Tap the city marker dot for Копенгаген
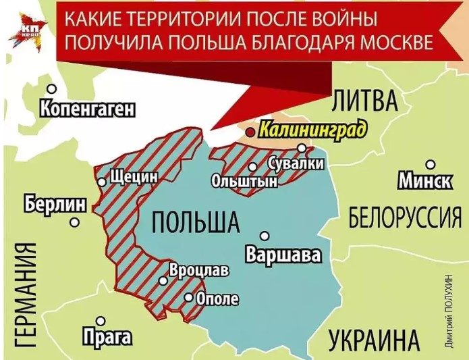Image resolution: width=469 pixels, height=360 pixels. click(x=52, y=88)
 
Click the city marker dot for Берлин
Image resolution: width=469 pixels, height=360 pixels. click(x=76, y=221)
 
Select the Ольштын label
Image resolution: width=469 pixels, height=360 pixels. click(x=235, y=182)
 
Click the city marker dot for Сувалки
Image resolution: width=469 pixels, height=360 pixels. click(x=302, y=148)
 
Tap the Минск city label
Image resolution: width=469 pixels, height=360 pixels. click(x=424, y=180)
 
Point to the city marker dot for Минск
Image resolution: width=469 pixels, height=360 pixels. click(x=430, y=163)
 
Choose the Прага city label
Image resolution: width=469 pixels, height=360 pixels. click(x=106, y=336)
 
